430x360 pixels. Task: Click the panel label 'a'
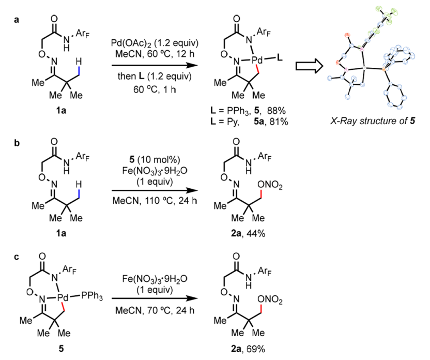tap(17, 20)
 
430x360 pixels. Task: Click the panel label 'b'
tap(17, 143)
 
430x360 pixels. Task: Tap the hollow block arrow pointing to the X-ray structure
tap(309, 66)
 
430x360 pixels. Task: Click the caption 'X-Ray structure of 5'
tap(373, 121)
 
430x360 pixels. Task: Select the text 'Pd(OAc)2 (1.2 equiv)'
tap(155, 43)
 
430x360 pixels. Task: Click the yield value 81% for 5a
tap(279, 121)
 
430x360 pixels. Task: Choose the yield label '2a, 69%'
tap(248, 349)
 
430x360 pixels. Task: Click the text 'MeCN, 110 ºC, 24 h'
tap(155, 201)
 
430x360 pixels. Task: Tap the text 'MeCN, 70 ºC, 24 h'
tap(155, 310)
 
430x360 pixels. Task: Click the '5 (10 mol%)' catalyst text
tap(155, 160)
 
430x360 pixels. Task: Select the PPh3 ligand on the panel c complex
tap(92, 296)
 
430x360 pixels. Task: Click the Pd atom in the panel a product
tap(257, 60)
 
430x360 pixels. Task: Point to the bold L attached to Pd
tap(280, 58)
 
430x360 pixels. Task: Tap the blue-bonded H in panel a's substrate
tap(79, 61)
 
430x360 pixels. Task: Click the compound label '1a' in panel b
tap(61, 233)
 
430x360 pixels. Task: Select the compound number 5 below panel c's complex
tap(61, 349)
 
